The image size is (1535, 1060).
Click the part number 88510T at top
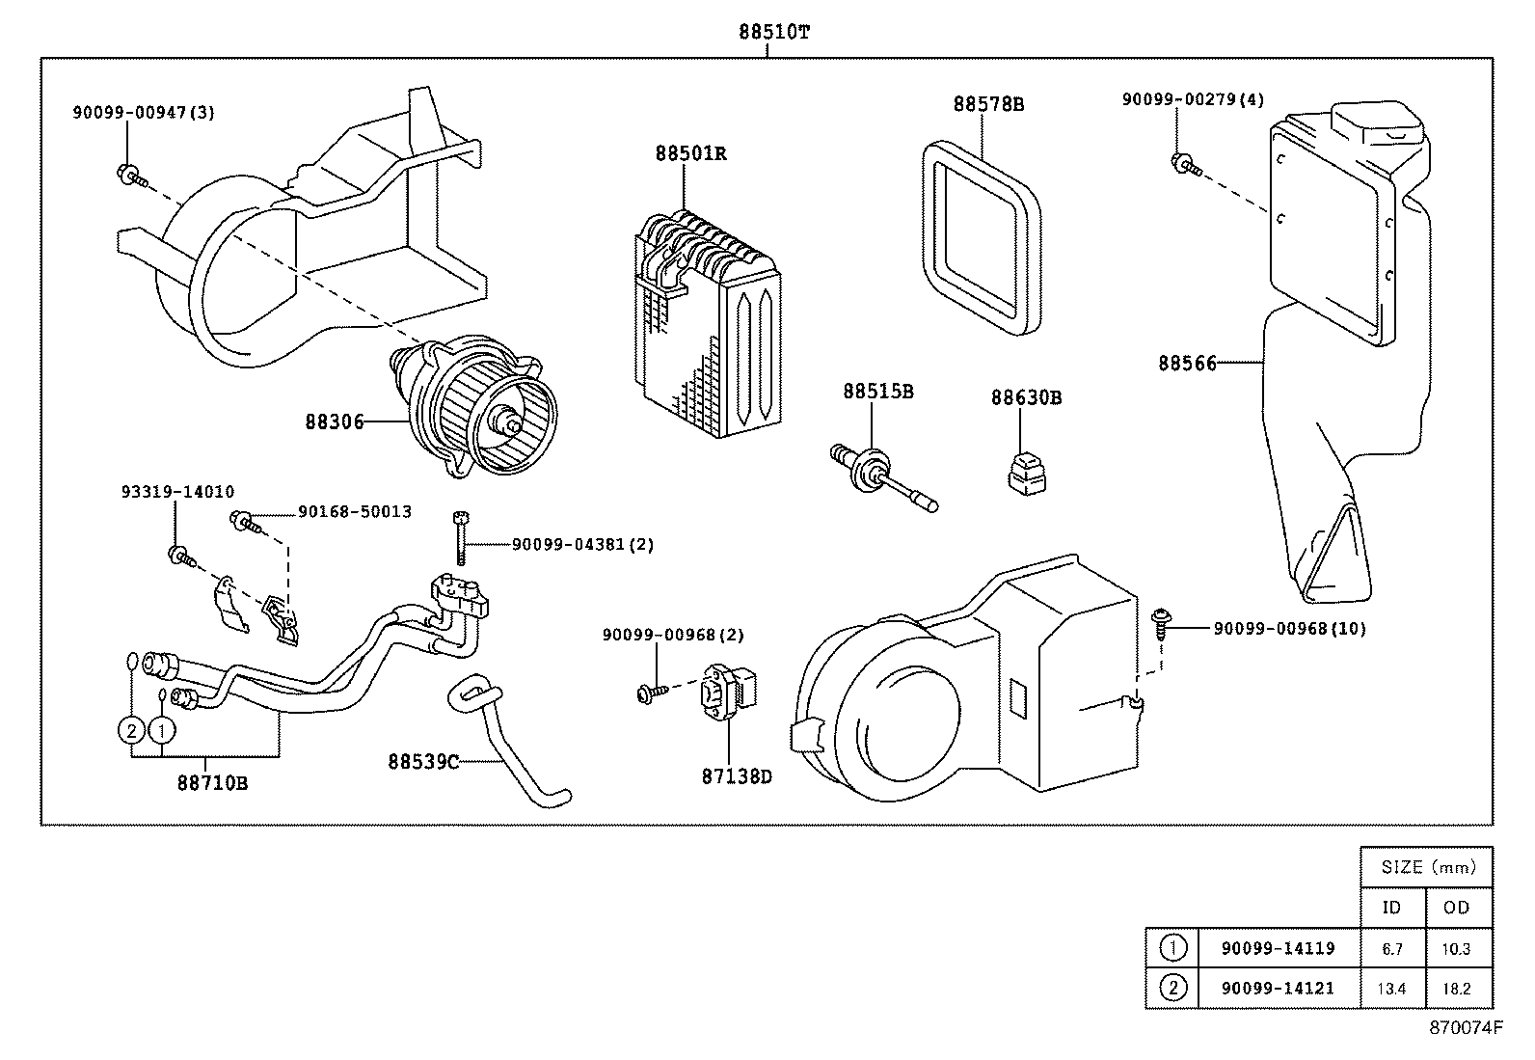click(x=774, y=31)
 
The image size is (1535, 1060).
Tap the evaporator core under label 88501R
click(x=709, y=323)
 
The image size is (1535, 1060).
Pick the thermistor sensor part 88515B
click(x=879, y=475)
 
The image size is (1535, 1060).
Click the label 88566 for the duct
click(x=1187, y=363)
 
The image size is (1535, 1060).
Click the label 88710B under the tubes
click(x=212, y=782)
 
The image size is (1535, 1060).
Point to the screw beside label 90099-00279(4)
click(x=1186, y=164)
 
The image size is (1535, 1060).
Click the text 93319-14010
click(x=177, y=491)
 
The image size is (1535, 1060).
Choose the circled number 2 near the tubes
click(x=131, y=730)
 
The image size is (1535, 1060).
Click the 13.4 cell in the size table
click(x=1391, y=989)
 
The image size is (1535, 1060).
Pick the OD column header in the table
click(x=1456, y=907)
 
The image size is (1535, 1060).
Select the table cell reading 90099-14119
click(x=1278, y=948)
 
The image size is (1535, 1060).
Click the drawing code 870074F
click(x=1466, y=1028)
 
